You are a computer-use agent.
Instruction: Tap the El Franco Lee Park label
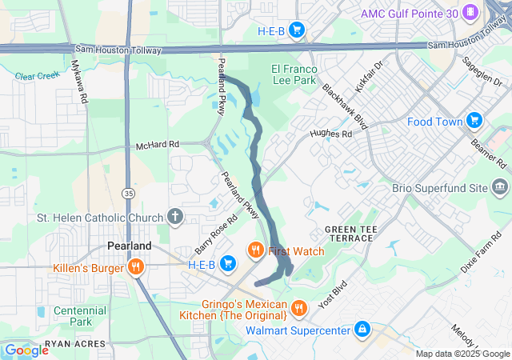coord(296,74)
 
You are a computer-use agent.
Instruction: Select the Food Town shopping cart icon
coord(474,121)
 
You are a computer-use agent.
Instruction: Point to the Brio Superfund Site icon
coord(501,188)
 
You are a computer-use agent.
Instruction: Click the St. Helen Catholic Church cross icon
coord(175,217)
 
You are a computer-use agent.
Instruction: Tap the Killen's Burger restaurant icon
coord(136,267)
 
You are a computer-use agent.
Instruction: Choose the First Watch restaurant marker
coord(257,250)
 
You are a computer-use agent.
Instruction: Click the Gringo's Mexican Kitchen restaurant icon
coord(298,308)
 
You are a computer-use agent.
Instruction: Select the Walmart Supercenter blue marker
coord(362,329)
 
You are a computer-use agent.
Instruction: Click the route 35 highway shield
coord(129,193)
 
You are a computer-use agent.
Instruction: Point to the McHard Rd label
coord(158,145)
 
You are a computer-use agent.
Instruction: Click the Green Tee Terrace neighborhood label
coord(349,234)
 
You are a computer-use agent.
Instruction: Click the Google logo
coord(26,350)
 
